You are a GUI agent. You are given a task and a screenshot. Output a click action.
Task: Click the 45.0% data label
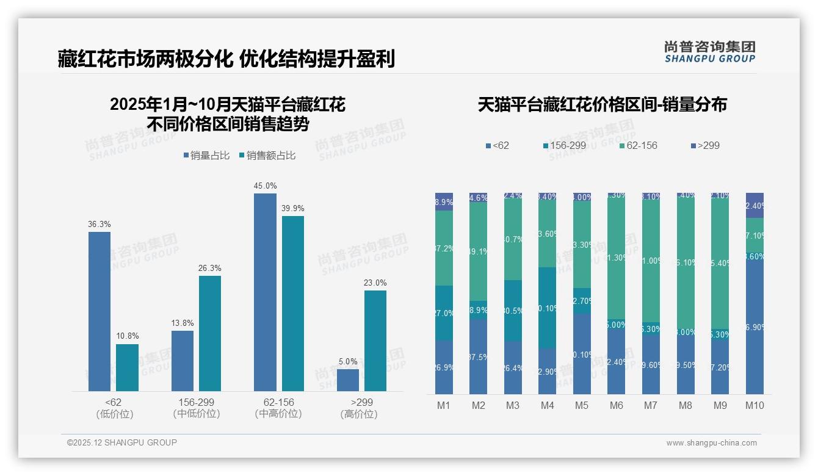(265, 186)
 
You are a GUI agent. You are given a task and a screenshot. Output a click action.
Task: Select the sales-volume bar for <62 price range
(100, 311)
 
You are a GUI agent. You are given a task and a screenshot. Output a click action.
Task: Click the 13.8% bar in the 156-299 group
(183, 361)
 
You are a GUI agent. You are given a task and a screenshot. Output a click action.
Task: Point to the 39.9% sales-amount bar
(293, 303)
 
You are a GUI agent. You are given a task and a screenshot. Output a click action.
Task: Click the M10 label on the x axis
(755, 405)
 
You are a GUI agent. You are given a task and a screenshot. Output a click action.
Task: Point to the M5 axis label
(582, 405)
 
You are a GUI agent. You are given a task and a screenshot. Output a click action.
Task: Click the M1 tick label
(444, 405)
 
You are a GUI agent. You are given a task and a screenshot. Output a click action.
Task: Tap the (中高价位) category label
(278, 414)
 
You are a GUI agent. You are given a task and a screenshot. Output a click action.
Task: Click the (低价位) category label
(115, 414)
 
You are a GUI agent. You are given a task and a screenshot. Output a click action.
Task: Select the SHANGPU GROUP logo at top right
(709, 52)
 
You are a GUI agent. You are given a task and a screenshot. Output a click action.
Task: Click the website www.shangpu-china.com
(711, 443)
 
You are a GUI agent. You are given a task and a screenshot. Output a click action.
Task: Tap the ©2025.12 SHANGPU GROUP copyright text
(122, 442)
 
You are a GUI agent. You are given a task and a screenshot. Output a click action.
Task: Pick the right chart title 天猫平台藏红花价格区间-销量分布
(602, 104)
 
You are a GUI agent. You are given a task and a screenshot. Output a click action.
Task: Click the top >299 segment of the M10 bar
(755, 205)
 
